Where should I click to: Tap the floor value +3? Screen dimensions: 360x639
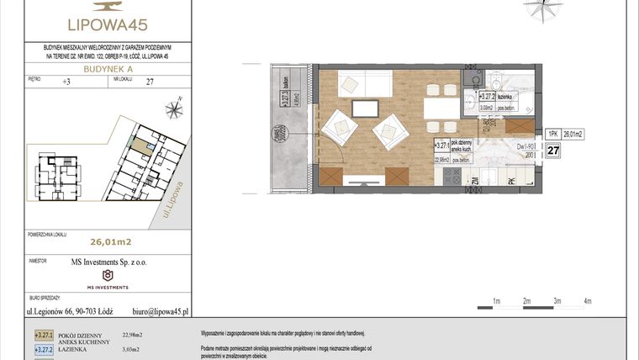click(x=67, y=82)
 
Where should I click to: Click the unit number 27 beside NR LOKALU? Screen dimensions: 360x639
click(x=150, y=82)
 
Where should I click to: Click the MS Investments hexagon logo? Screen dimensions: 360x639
click(x=107, y=275)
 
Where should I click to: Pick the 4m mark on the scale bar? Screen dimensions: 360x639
click(x=588, y=300)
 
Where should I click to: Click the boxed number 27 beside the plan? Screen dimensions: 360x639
click(x=553, y=151)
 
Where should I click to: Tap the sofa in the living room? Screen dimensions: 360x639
click(x=364, y=85)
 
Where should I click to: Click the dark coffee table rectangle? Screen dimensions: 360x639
click(x=365, y=108)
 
